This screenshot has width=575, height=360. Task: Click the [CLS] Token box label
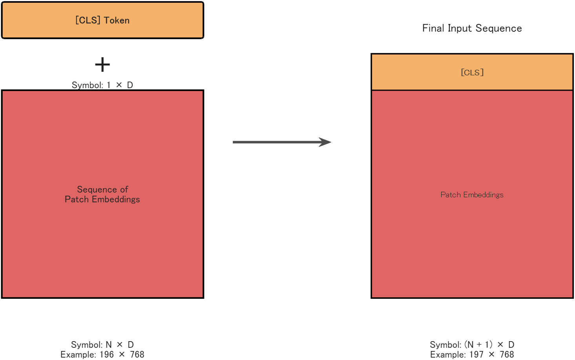pyautogui.click(x=102, y=20)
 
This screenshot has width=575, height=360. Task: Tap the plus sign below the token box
pyautogui.click(x=102, y=65)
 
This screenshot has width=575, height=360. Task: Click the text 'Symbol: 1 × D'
pyautogui.click(x=102, y=85)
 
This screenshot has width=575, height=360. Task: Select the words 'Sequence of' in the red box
pyautogui.click(x=102, y=189)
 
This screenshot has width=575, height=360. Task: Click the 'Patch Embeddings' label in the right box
pyautogui.click(x=472, y=195)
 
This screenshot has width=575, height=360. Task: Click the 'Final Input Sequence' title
pyautogui.click(x=472, y=28)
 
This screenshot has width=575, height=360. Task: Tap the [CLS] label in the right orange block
pyautogui.click(x=472, y=73)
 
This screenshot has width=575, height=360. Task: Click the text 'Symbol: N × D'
pyautogui.click(x=102, y=345)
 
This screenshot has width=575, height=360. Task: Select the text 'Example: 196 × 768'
pyautogui.click(x=102, y=355)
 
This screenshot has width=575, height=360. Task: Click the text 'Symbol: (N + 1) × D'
pyautogui.click(x=472, y=345)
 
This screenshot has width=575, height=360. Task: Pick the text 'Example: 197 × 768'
pyautogui.click(x=472, y=355)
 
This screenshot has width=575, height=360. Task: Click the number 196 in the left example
pyautogui.click(x=107, y=355)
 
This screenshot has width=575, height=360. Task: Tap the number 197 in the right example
pyautogui.click(x=476, y=355)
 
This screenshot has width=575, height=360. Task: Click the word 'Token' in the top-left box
pyautogui.click(x=117, y=20)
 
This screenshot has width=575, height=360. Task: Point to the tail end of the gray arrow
pyautogui.click(x=234, y=142)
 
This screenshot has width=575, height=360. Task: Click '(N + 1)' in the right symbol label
pyautogui.click(x=478, y=345)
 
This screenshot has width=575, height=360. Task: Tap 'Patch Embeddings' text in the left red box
pyautogui.click(x=102, y=199)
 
